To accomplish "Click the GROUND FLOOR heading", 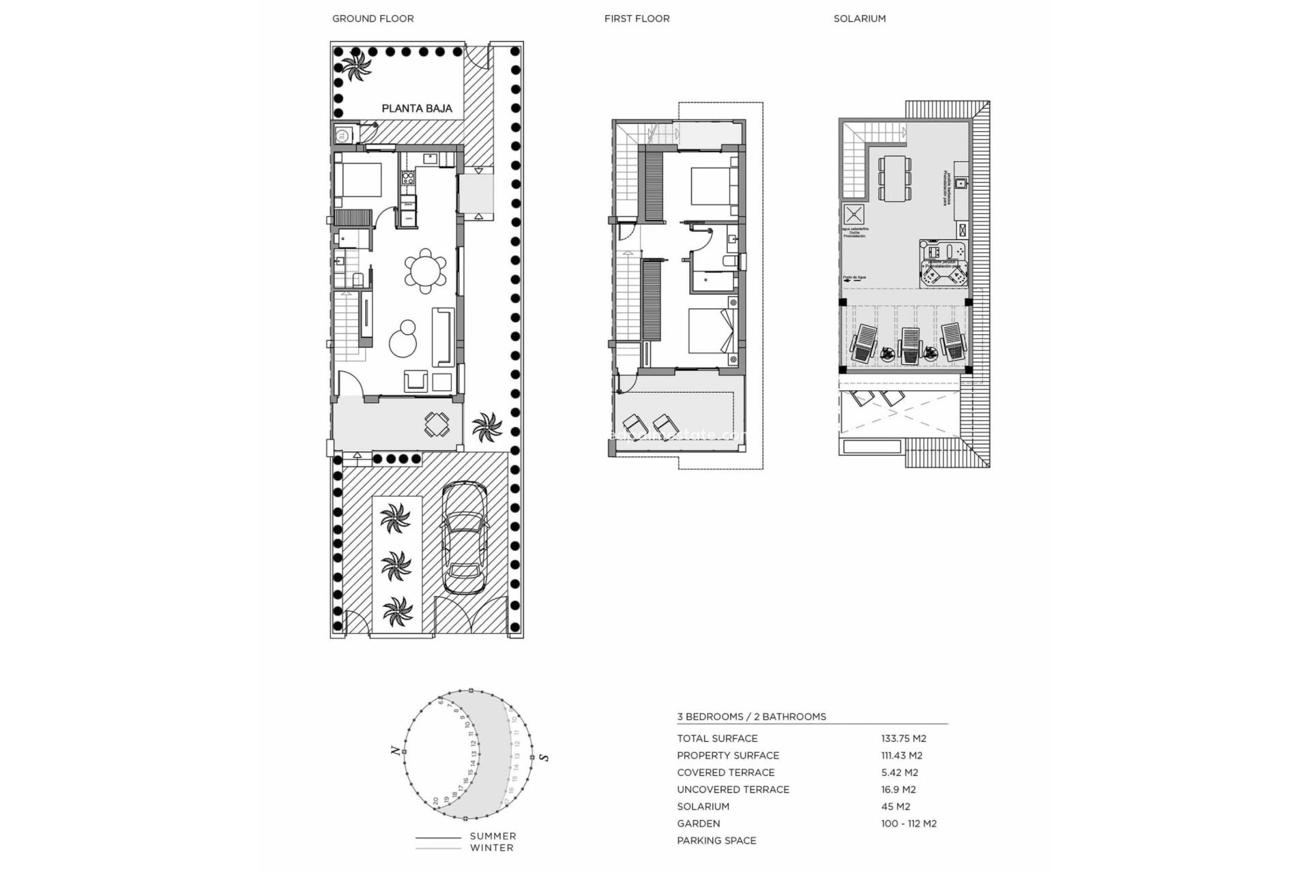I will click(373, 18).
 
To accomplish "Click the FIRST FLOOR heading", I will click(637, 18).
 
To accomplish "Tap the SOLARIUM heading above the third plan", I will click(859, 18).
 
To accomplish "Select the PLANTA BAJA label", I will click(416, 108).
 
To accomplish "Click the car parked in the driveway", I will click(465, 538).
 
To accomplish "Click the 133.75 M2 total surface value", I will click(903, 738).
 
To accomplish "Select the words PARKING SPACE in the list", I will click(716, 840).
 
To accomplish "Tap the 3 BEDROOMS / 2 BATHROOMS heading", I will click(751, 717).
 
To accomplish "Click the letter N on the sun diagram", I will click(394, 751).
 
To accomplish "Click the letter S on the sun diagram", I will click(544, 757).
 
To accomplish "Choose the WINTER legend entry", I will click(491, 848).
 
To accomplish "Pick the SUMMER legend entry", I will click(493, 836).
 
